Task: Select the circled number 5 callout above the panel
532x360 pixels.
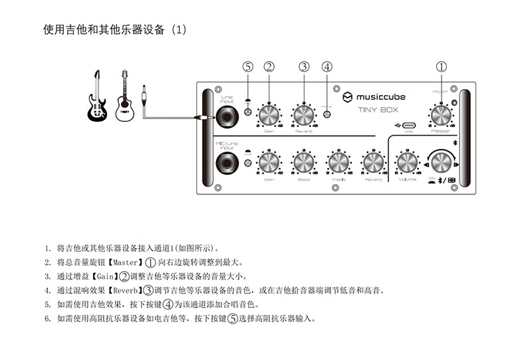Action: tap(248, 67)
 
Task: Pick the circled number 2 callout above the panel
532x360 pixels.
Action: tap(269, 67)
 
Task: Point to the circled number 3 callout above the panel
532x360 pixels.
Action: tap(304, 67)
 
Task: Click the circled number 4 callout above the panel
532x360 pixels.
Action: tap(327, 67)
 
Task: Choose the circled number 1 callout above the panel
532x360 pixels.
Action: tap(441, 67)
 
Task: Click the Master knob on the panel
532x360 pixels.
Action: tap(441, 115)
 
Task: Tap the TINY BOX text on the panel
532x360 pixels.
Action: tap(378, 110)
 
